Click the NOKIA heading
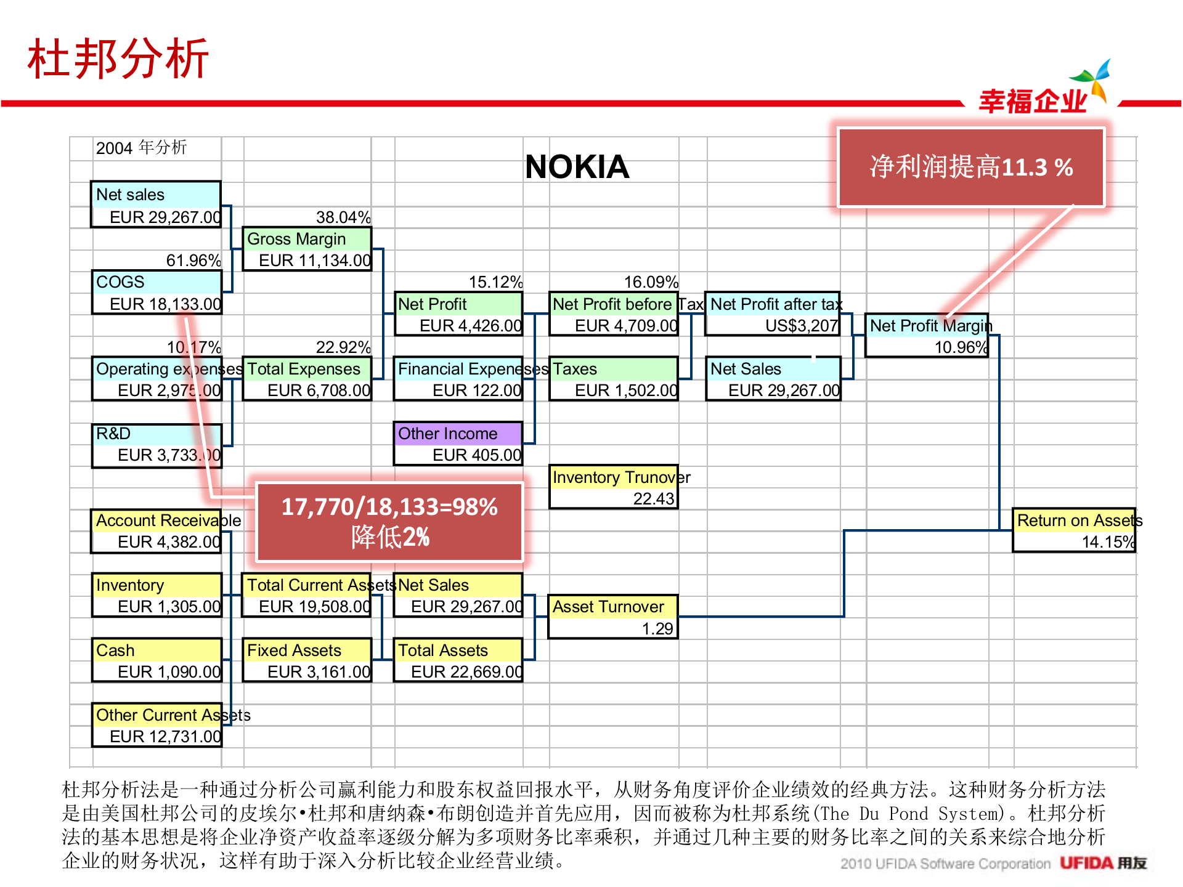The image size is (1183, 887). point(577,167)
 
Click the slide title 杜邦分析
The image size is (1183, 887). point(118,59)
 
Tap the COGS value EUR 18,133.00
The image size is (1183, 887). point(165,304)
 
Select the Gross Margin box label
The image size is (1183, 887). point(296,239)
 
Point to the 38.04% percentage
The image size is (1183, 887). point(343,217)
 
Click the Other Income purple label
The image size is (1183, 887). point(448,434)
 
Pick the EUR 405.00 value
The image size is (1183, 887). point(476,455)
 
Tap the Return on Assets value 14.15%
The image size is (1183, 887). point(1108,542)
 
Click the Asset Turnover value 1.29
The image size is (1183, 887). point(657,629)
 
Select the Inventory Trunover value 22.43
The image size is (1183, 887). point(654,499)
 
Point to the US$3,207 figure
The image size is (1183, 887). point(802,326)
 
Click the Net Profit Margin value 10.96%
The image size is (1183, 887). point(961,347)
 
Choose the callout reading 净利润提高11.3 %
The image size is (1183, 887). point(971,167)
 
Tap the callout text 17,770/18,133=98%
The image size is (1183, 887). point(389,507)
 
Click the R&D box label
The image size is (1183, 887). point(114,434)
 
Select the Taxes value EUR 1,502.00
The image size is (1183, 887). point(625,391)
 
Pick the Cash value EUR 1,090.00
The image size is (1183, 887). point(169,672)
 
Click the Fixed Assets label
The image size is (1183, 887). point(294,650)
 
